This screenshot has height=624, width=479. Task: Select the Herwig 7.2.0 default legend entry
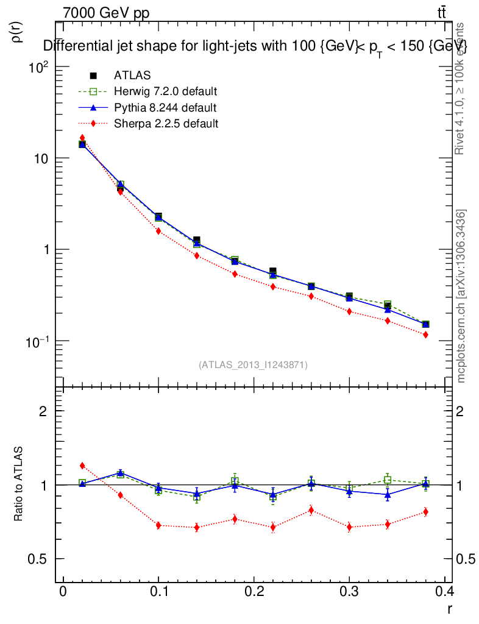(x=165, y=92)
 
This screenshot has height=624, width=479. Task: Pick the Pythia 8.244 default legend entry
(x=165, y=108)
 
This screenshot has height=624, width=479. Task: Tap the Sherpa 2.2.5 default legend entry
(x=166, y=124)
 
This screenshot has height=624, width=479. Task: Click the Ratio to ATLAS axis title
(x=19, y=484)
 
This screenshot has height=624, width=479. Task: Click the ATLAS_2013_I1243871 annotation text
(x=253, y=364)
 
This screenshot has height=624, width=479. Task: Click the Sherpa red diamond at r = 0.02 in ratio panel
(x=82, y=466)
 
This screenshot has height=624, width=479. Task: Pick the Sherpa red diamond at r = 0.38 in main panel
(x=425, y=335)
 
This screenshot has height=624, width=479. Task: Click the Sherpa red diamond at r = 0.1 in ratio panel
(x=158, y=525)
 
